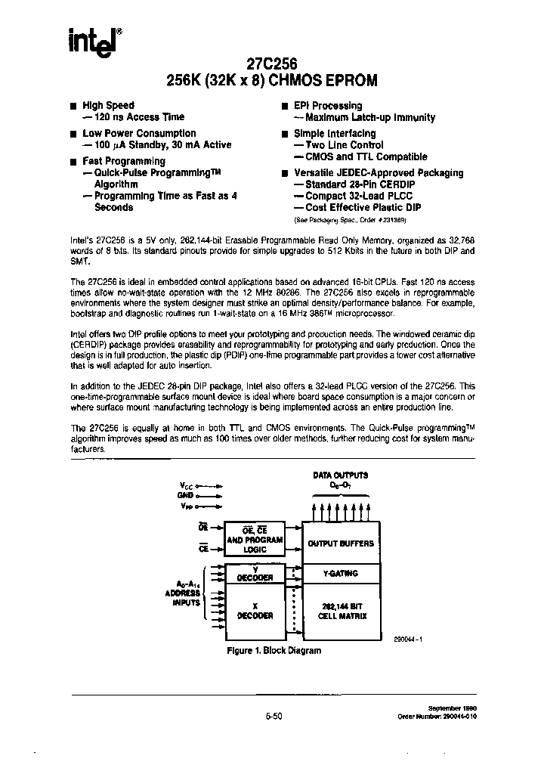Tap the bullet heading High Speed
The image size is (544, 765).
coord(108,106)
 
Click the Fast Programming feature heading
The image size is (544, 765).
coord(123,161)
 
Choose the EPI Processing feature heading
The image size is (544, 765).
coord(327,106)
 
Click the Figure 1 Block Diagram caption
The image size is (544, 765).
coord(274,651)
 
